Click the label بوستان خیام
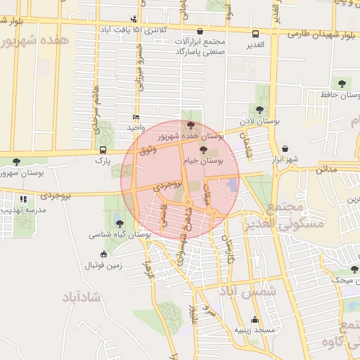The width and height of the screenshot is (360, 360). click(203, 161)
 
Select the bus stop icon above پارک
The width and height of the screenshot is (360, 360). click(103, 150)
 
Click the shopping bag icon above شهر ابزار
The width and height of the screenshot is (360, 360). click(285, 148)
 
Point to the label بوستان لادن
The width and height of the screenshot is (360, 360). click(259, 121)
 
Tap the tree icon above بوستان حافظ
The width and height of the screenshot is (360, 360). click(342, 84)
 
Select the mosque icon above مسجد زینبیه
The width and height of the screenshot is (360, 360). click(255, 320)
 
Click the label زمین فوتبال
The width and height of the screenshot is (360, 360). click(103, 265)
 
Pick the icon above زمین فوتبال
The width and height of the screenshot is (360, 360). click(104, 255)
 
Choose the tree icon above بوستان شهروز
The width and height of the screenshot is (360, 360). click(16, 162)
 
